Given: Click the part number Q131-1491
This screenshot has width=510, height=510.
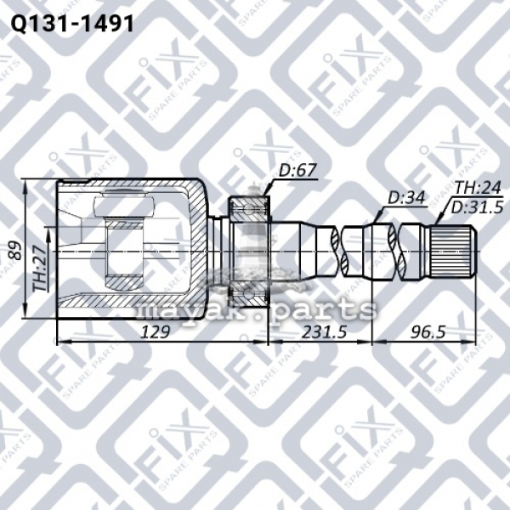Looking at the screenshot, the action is (x=72, y=24).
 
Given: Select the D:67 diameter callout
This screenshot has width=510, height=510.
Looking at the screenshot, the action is (x=297, y=171).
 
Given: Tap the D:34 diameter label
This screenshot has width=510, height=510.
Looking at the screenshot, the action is (x=406, y=198).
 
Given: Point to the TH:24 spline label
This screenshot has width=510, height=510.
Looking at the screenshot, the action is (x=478, y=188).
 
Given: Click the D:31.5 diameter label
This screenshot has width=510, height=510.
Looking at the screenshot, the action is (x=477, y=207).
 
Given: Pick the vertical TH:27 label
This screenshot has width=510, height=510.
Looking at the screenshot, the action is (x=40, y=264).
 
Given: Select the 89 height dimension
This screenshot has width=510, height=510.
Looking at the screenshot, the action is (x=14, y=250).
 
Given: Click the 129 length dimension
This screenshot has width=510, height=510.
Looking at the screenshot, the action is (x=156, y=332).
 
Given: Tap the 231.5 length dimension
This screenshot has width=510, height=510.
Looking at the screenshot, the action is (x=324, y=332).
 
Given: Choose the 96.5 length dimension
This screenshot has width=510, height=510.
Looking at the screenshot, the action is (x=428, y=332).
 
